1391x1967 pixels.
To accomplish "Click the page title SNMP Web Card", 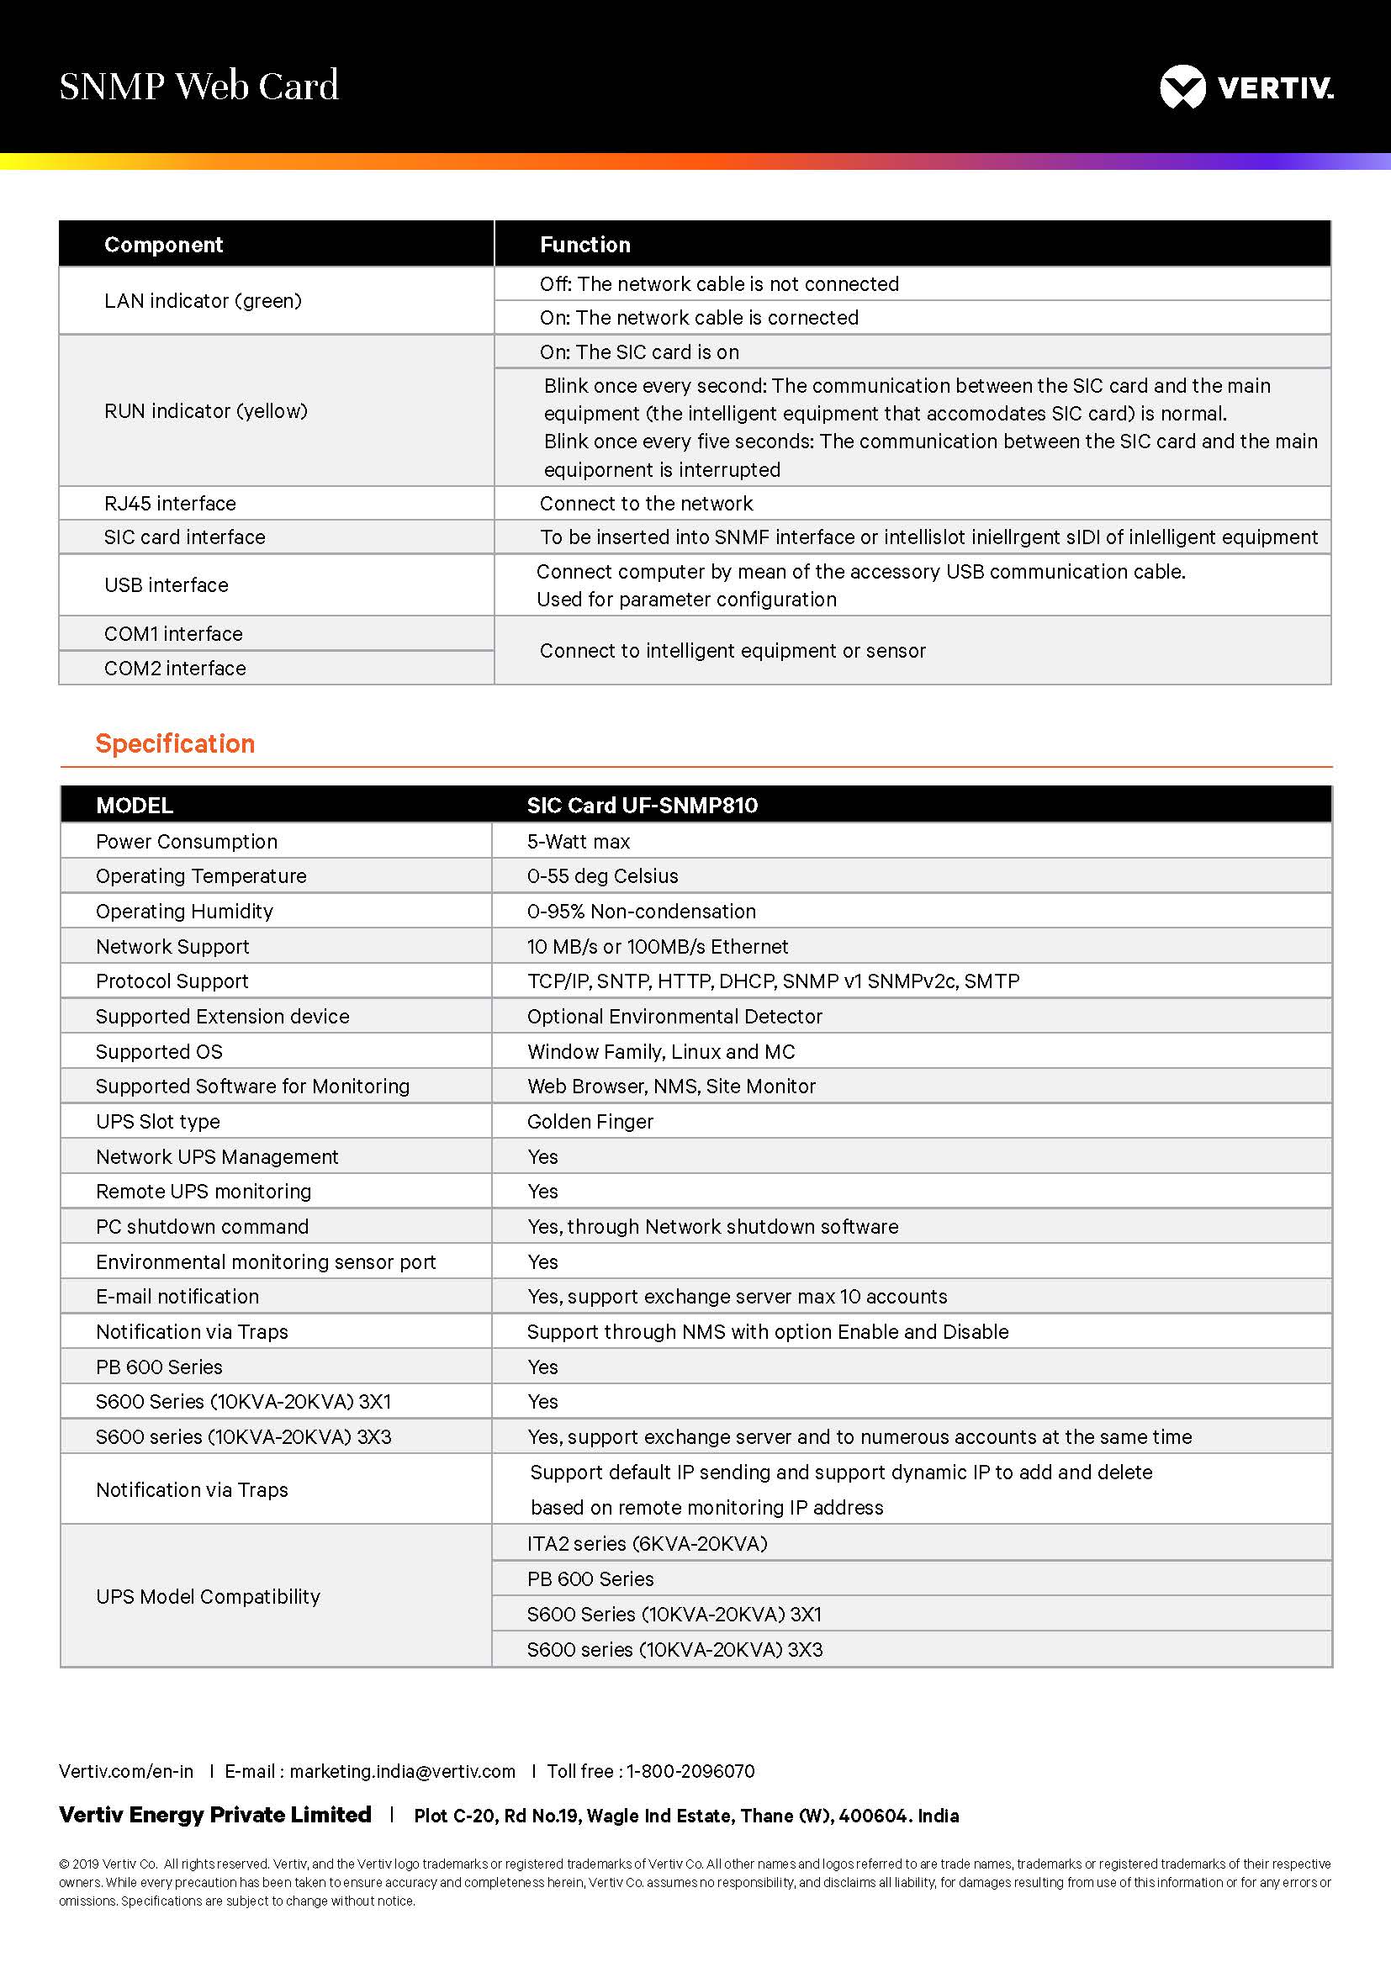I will pos(198,87).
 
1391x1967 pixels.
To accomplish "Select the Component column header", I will pos(163,245).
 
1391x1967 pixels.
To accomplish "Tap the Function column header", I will pos(585,245).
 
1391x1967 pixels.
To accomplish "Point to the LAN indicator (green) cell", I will pos(203,301).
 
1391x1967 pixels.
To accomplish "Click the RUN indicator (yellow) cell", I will pos(205,411).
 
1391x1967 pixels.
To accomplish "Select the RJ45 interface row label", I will pos(170,504).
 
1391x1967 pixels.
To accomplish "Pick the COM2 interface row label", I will pos(175,669).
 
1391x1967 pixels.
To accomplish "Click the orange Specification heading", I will pos(175,743).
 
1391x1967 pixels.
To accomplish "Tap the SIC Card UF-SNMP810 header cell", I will pos(643,806).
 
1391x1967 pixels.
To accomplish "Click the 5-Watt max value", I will pos(578,841).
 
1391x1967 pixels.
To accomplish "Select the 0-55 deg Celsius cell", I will pos(602,876).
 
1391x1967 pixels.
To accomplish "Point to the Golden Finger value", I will pos(590,1122).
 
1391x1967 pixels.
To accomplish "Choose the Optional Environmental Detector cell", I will pos(674,1017).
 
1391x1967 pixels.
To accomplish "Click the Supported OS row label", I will pos(159,1052).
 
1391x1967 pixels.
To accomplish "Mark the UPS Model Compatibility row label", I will pos(208,1597).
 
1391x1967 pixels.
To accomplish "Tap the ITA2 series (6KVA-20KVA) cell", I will pos(647,1544).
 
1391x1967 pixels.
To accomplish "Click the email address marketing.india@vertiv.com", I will pos(403,1772).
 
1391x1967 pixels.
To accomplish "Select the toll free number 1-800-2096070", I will pos(690,1772).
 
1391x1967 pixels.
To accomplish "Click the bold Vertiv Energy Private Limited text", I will pos(215,1815).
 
